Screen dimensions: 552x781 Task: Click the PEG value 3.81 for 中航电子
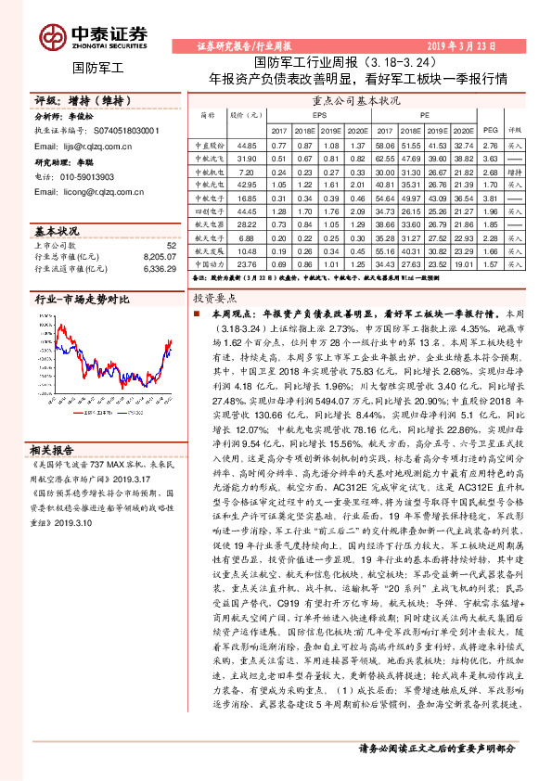[492, 198]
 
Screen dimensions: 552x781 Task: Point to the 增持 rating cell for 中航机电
[515, 172]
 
